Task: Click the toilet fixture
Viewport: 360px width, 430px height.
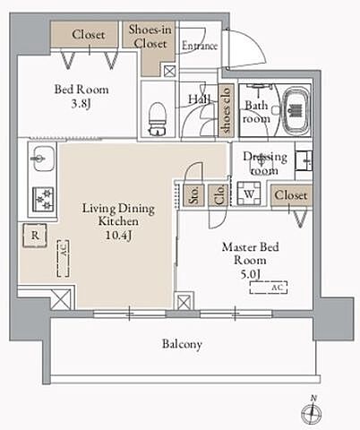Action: pyautogui.click(x=158, y=119)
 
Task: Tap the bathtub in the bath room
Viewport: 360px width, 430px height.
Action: pyautogui.click(x=296, y=111)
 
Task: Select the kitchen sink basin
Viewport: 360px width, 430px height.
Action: pyautogui.click(x=42, y=159)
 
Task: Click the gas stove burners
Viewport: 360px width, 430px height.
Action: pyautogui.click(x=43, y=199)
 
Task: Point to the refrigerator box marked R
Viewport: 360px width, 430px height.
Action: pyautogui.click(x=35, y=236)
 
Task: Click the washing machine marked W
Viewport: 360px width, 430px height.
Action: pyautogui.click(x=249, y=193)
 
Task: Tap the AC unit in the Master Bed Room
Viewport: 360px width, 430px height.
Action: pyautogui.click(x=269, y=288)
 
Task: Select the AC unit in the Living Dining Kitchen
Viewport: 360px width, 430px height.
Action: pyautogui.click(x=64, y=258)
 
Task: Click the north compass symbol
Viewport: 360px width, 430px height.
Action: pyautogui.click(x=312, y=411)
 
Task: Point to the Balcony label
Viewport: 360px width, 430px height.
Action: pyautogui.click(x=182, y=344)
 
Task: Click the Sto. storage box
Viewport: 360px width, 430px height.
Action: pyautogui.click(x=194, y=194)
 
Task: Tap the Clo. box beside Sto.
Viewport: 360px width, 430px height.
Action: pyautogui.click(x=219, y=194)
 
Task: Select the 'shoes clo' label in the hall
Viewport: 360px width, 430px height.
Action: pyautogui.click(x=226, y=110)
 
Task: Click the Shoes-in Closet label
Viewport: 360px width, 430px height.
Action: pyautogui.click(x=150, y=37)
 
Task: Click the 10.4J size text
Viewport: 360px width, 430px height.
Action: pyautogui.click(x=118, y=236)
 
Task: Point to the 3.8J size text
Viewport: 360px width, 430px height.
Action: pyautogui.click(x=81, y=104)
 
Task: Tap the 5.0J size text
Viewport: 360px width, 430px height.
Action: pyautogui.click(x=251, y=273)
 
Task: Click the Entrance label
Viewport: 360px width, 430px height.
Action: pyautogui.click(x=200, y=46)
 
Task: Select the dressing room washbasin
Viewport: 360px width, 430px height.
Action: pyautogui.click(x=304, y=160)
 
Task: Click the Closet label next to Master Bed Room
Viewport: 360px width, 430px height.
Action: pyautogui.click(x=291, y=195)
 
